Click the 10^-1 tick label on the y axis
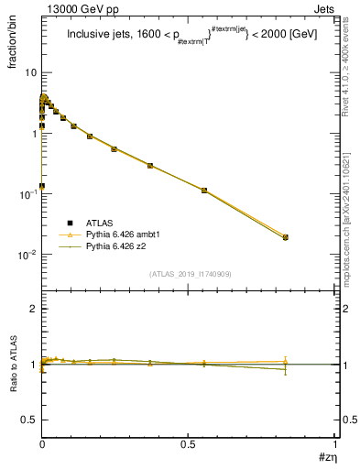(x=28, y=194)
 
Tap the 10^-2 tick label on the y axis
(x=28, y=255)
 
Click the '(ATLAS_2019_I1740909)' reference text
(x=189, y=274)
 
